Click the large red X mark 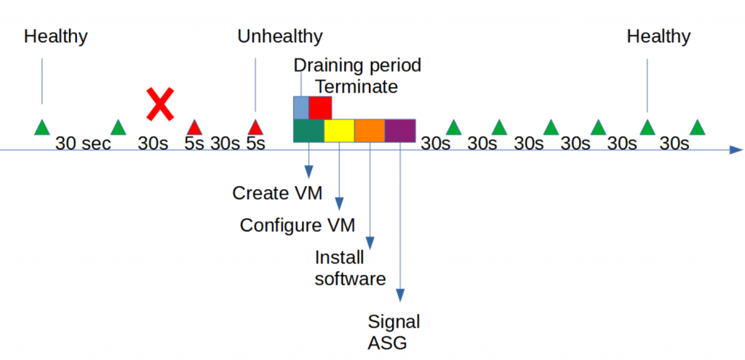pyautogui.click(x=160, y=103)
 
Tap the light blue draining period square pyautogui.click(x=300, y=108)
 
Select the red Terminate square pyautogui.click(x=320, y=108)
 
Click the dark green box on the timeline pyautogui.click(x=308, y=131)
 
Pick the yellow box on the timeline pyautogui.click(x=339, y=131)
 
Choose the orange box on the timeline pyautogui.click(x=370, y=131)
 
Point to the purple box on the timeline pyautogui.click(x=400, y=131)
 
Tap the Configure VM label pyautogui.click(x=298, y=225)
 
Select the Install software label pyautogui.click(x=350, y=268)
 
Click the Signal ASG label pyautogui.click(x=394, y=332)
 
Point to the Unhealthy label pyautogui.click(x=280, y=36)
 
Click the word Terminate pyautogui.click(x=356, y=87)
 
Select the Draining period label pyautogui.click(x=357, y=65)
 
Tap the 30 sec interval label pyautogui.click(x=83, y=144)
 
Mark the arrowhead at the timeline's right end pyautogui.click(x=736, y=151)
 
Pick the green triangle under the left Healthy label pyautogui.click(x=42, y=127)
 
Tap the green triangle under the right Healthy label pyautogui.click(x=648, y=128)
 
